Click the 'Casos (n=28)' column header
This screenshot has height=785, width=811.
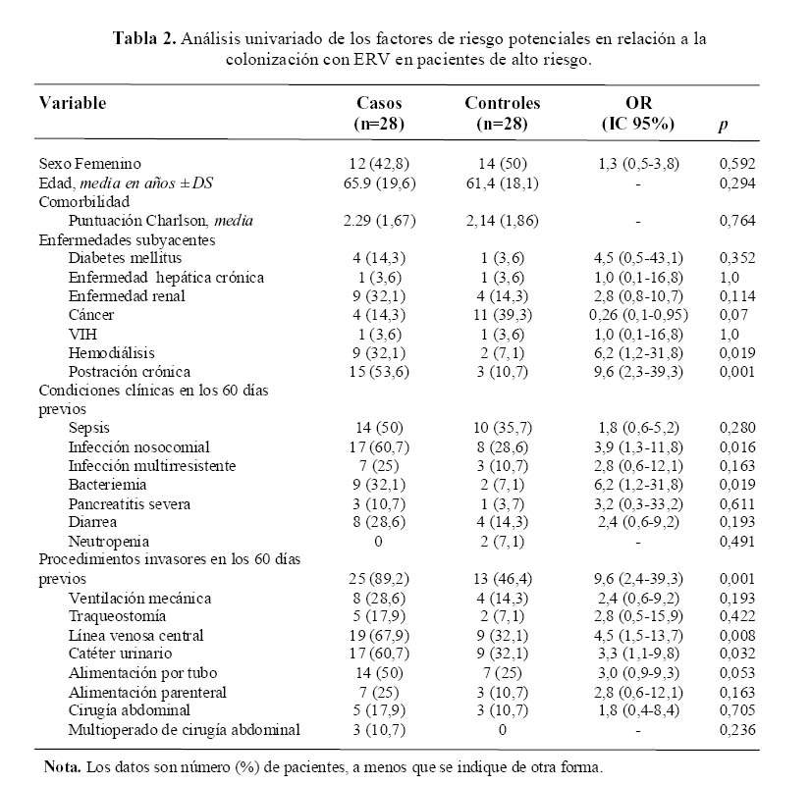pyautogui.click(x=379, y=113)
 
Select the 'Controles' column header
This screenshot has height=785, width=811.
pyautogui.click(x=502, y=113)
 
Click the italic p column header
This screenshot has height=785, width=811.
pyautogui.click(x=724, y=126)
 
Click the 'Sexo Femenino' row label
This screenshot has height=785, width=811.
pyautogui.click(x=90, y=163)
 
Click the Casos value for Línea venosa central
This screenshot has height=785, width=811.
pyautogui.click(x=379, y=635)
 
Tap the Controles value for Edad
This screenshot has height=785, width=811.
pyautogui.click(x=502, y=183)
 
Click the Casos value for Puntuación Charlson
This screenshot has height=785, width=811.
pyautogui.click(x=379, y=221)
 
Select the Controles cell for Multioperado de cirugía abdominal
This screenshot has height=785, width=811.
pyautogui.click(x=502, y=729)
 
